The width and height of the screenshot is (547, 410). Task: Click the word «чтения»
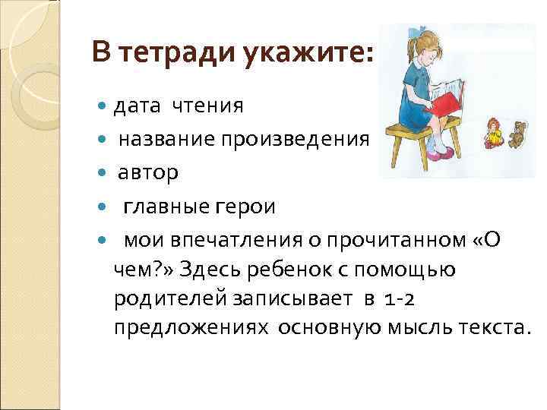(207, 106)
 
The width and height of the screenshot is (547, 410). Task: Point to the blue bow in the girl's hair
(420, 36)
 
